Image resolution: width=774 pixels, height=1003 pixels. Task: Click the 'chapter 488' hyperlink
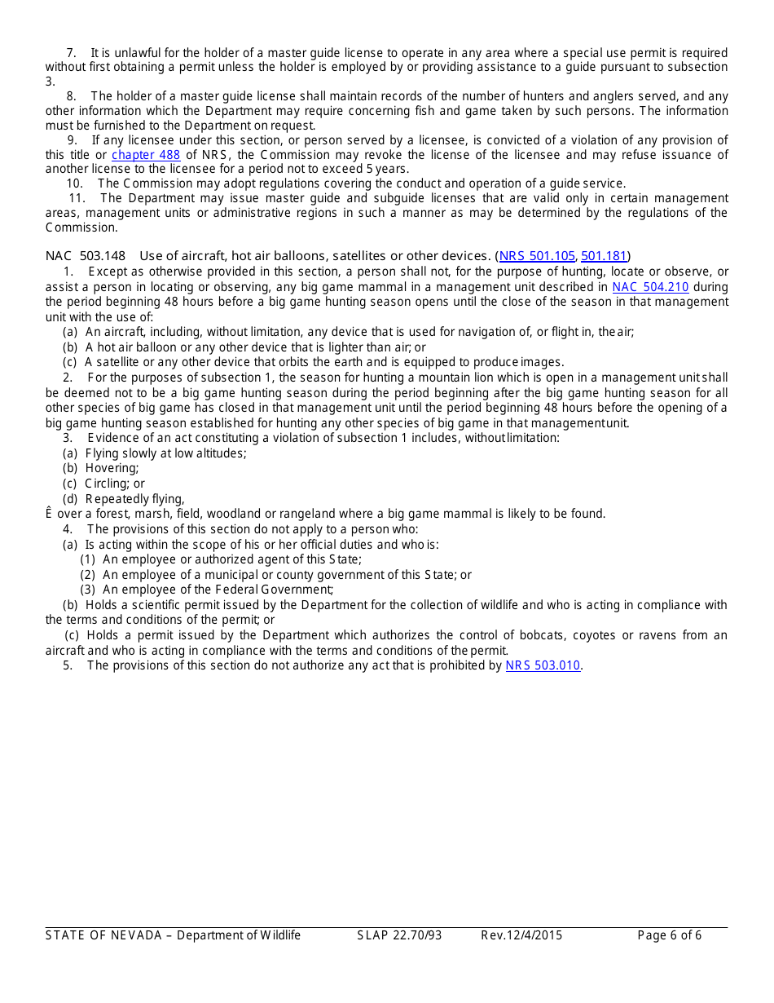point(146,155)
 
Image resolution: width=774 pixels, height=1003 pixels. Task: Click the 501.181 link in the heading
point(604,256)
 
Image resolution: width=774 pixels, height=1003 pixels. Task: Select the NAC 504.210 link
point(650,287)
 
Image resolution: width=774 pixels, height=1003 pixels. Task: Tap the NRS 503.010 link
point(543,665)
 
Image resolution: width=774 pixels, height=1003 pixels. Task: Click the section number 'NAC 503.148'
point(86,256)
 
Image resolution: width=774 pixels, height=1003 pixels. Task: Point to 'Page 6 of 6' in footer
point(669,935)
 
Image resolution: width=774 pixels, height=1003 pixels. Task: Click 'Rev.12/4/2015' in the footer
point(521,935)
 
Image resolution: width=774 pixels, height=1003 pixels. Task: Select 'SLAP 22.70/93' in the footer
point(399,935)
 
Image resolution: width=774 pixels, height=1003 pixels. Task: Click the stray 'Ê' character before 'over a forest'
point(49,514)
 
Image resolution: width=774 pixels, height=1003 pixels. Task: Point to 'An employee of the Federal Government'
point(218,590)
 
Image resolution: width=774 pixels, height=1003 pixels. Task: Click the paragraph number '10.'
point(75,183)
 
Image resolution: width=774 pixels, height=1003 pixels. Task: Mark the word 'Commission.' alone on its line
point(81,228)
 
